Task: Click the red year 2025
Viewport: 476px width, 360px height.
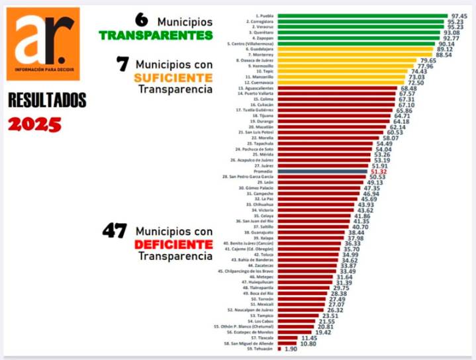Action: (x=34, y=124)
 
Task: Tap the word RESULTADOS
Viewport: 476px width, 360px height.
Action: (x=47, y=101)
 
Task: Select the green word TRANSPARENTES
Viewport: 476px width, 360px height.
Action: (x=156, y=34)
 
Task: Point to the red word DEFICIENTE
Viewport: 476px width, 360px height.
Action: (x=173, y=245)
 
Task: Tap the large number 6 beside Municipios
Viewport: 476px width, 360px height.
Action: (x=142, y=21)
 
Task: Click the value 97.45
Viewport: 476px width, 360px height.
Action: (x=459, y=15)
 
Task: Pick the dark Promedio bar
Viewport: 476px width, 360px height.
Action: (x=322, y=171)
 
